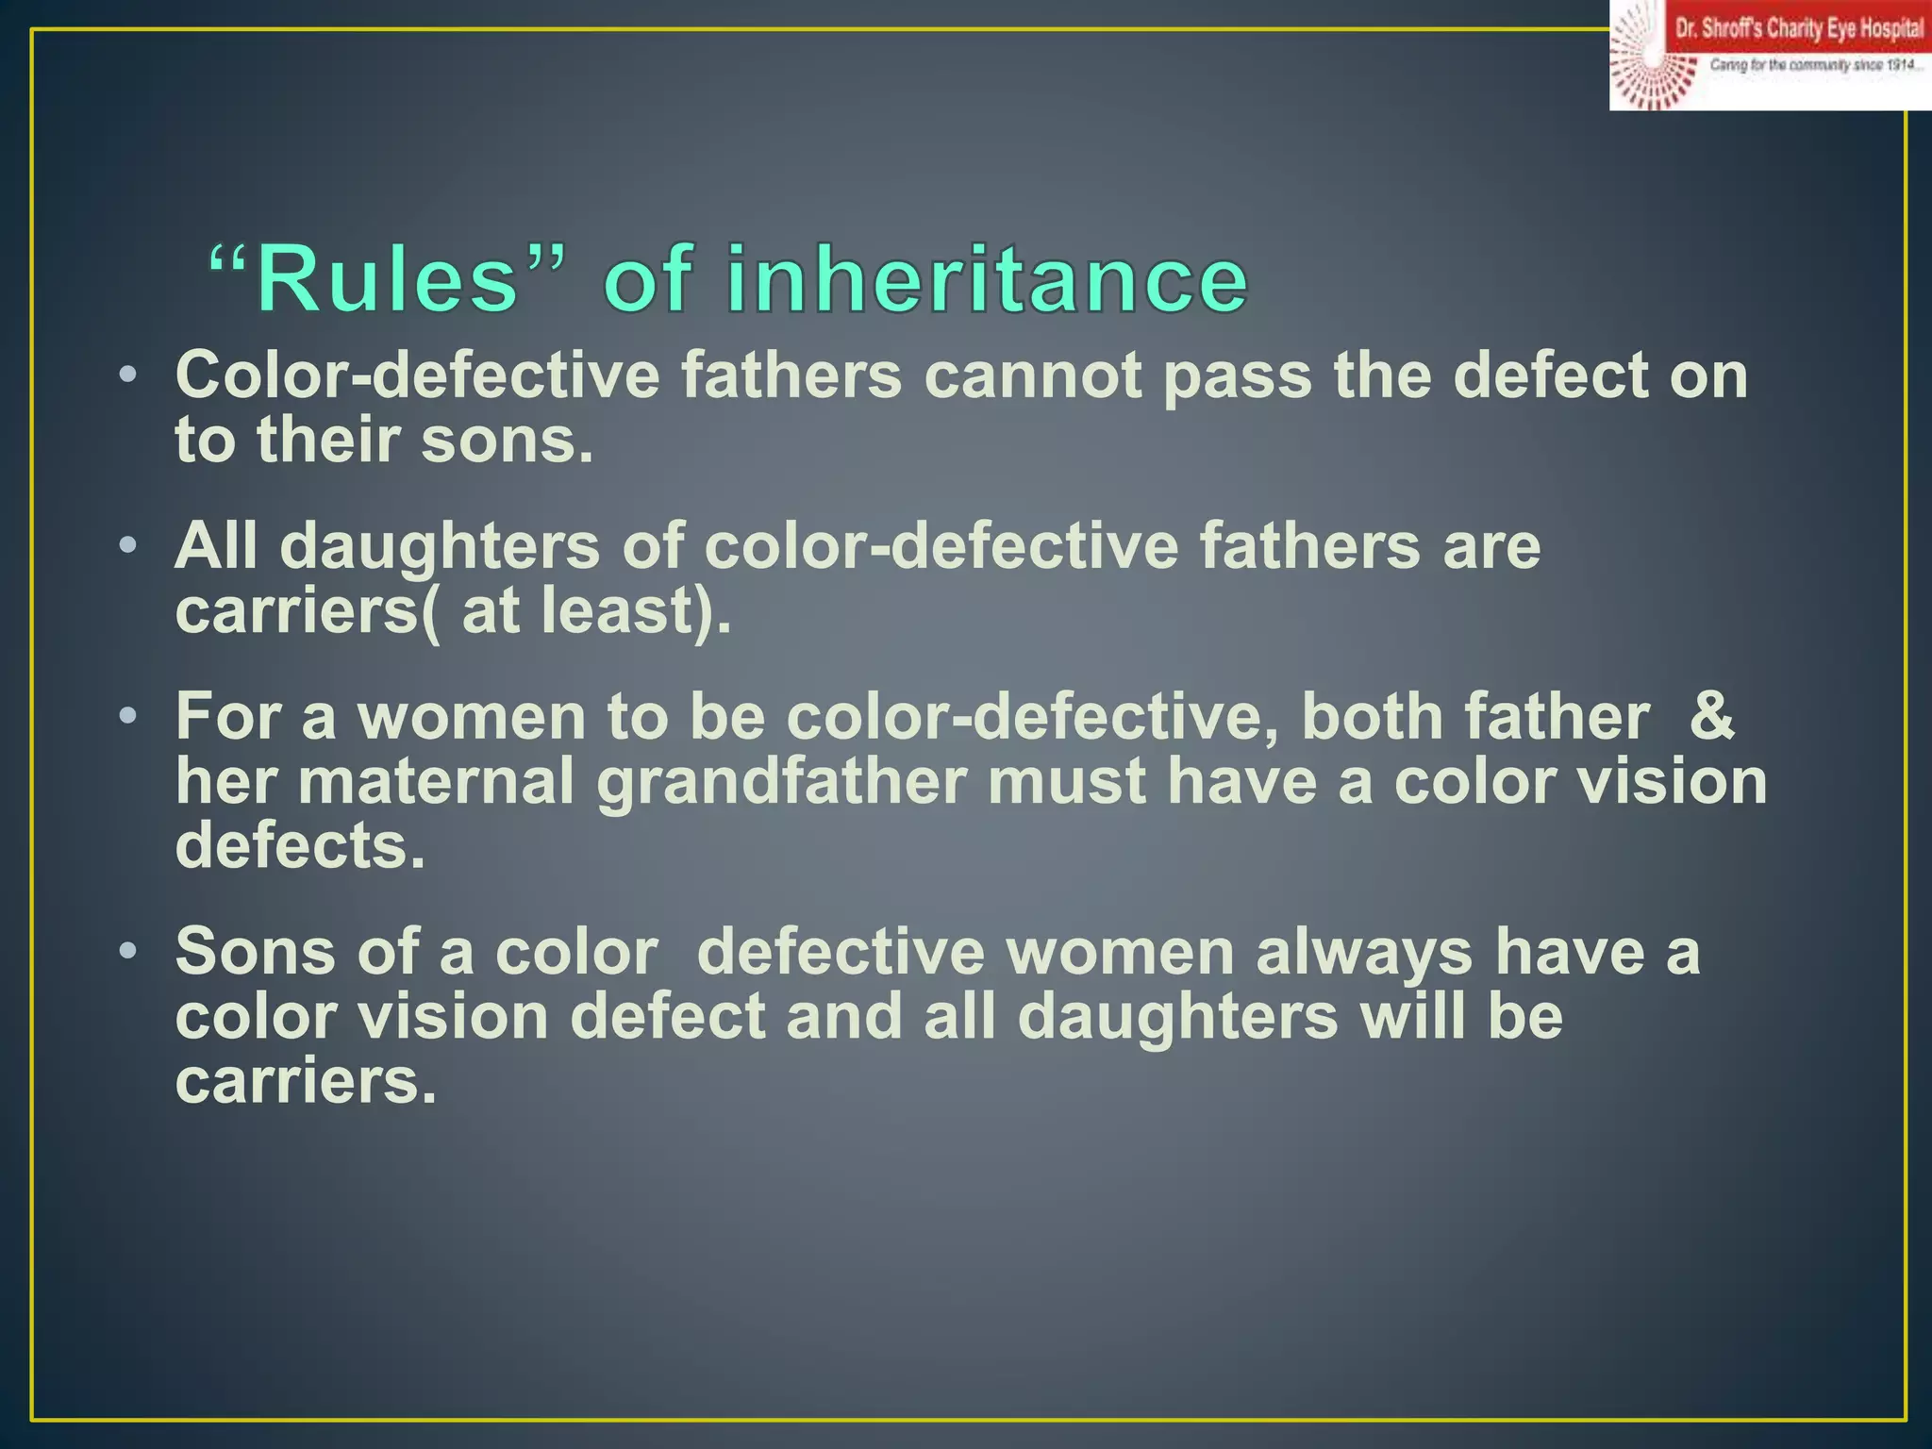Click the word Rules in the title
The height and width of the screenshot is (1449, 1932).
point(387,279)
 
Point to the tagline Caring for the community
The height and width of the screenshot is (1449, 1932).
point(1816,65)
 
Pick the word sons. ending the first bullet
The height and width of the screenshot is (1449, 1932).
point(507,441)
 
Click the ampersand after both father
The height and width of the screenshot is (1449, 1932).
point(1711,716)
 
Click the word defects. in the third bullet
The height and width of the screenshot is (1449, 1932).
point(300,845)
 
